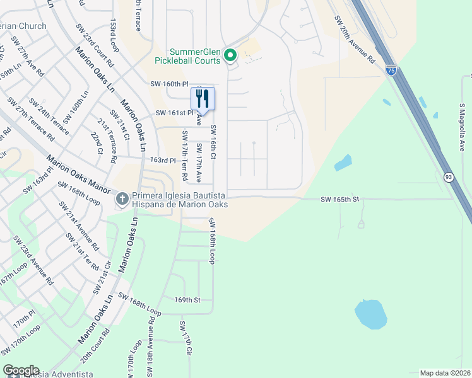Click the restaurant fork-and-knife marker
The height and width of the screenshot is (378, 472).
(203, 98)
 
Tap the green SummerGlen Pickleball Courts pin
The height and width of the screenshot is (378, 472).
(230, 56)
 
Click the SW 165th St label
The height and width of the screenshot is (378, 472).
(339, 200)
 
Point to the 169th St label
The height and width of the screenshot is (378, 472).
(187, 301)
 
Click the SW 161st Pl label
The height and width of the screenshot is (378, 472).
(174, 113)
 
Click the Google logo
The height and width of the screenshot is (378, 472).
(21, 370)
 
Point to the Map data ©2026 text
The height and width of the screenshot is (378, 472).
(445, 373)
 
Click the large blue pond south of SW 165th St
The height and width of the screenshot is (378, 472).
(370, 313)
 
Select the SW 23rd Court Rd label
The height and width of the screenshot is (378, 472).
(95, 45)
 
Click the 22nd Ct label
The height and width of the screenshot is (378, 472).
(95, 143)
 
